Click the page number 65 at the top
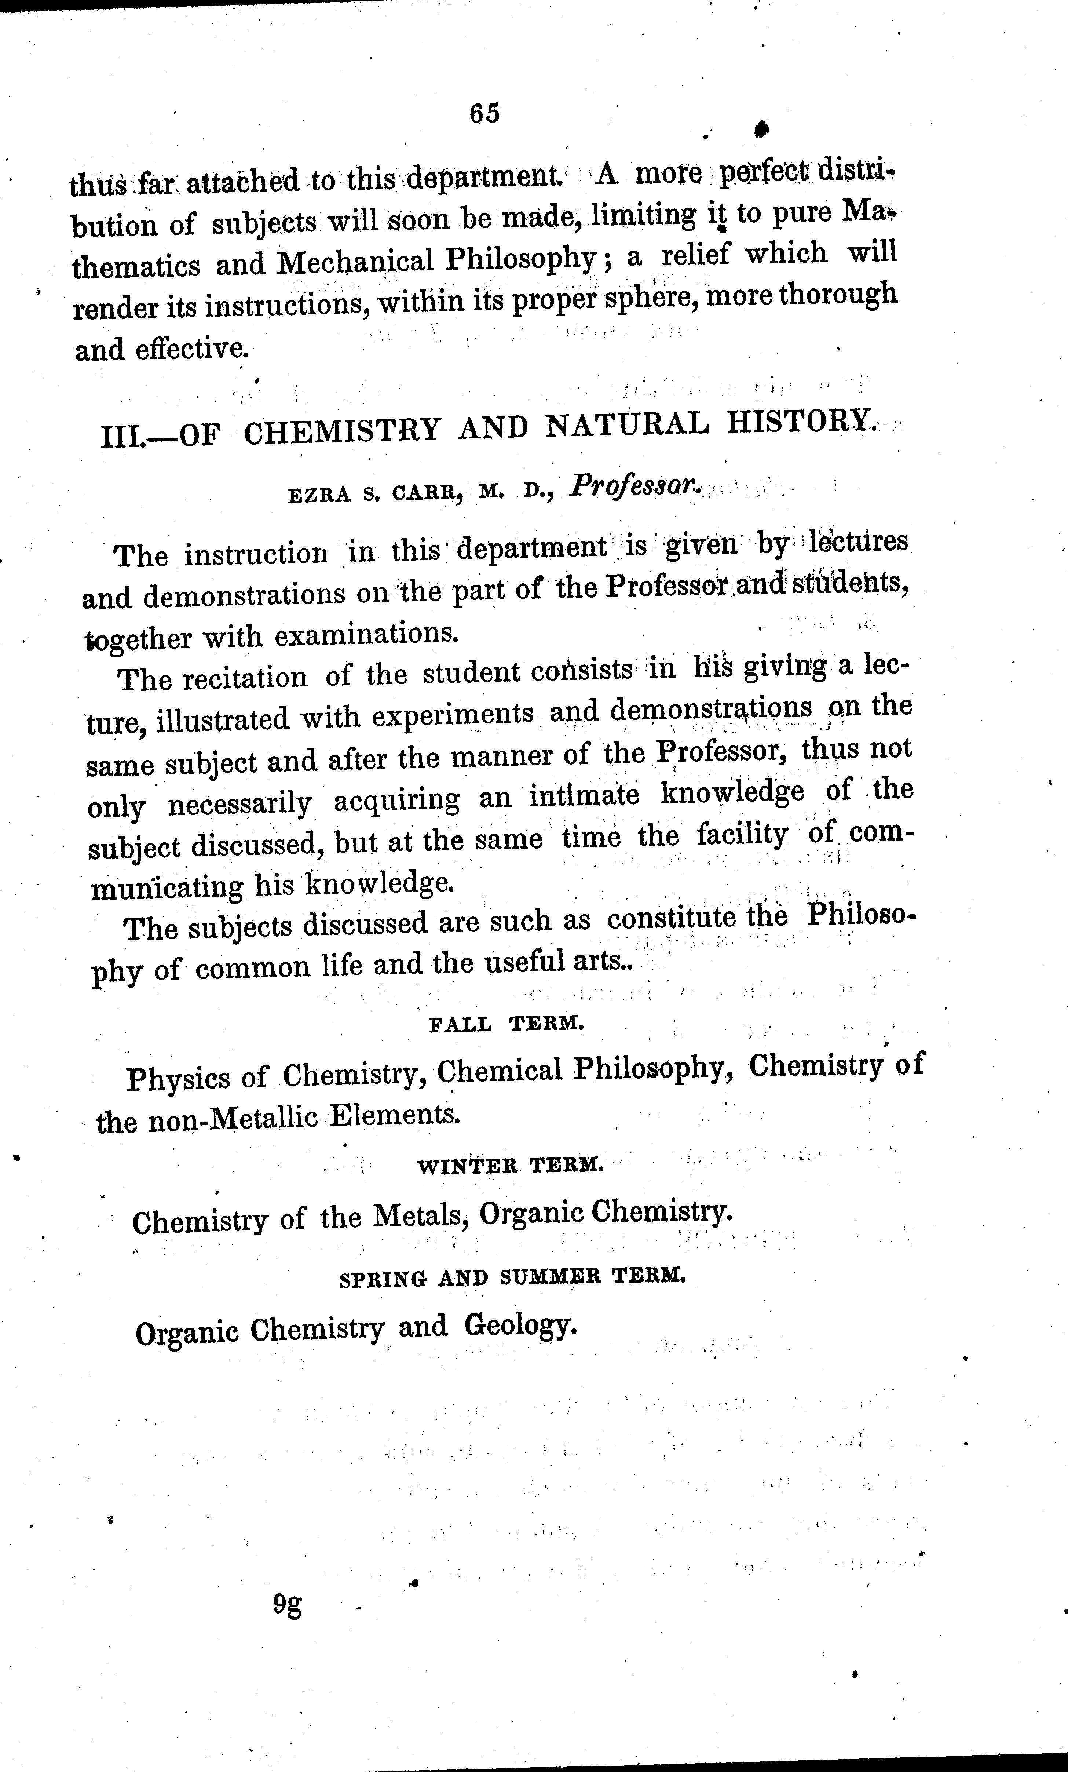(x=484, y=114)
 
